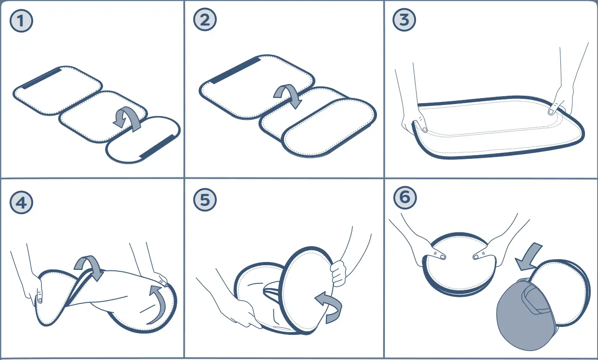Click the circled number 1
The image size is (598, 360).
coord(21,21)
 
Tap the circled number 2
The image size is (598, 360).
coord(205,20)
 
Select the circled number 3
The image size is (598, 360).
coord(404,20)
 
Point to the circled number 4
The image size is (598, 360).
coord(21,202)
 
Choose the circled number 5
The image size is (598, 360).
coord(205,200)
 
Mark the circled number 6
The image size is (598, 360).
coord(405,197)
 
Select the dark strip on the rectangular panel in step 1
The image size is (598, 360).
coord(41,78)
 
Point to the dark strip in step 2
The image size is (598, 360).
coord(235,71)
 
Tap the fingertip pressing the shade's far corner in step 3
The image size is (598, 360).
coord(551,111)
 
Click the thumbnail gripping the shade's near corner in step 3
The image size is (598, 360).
coord(424,130)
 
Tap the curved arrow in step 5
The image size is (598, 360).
coord(330,304)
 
